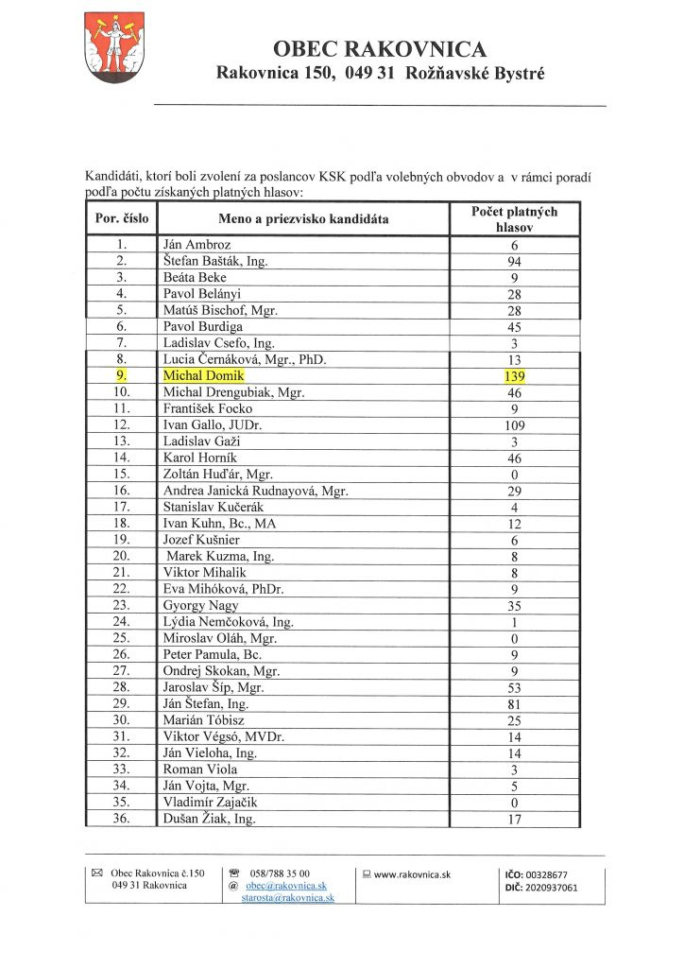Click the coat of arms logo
(x=114, y=46)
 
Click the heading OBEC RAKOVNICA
(x=380, y=49)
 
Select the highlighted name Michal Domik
(x=204, y=375)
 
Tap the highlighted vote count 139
(x=515, y=376)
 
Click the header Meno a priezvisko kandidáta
(x=303, y=219)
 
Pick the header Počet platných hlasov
(x=514, y=219)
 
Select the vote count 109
(x=515, y=425)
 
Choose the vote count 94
(x=515, y=262)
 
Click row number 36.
(x=121, y=819)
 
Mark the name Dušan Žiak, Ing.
(x=209, y=819)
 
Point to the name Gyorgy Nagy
(x=200, y=605)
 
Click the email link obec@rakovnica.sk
(x=285, y=886)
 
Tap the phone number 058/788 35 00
(x=278, y=873)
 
